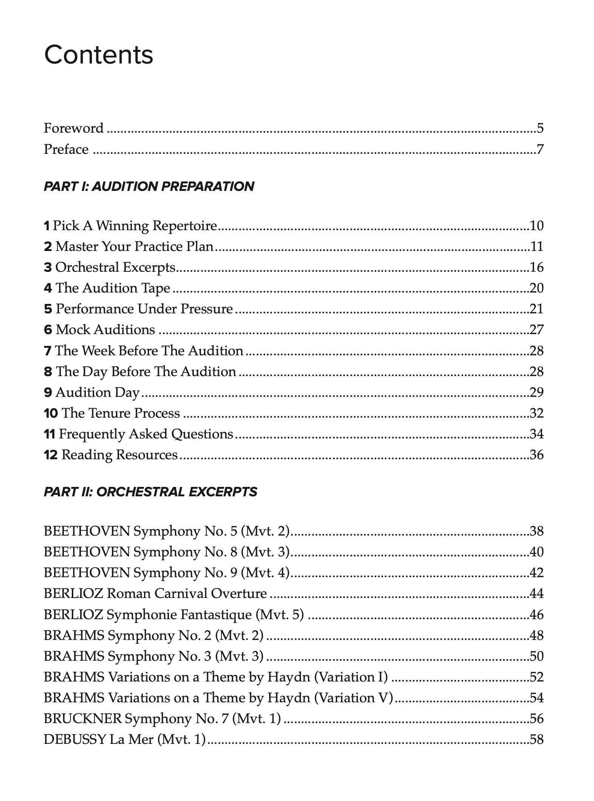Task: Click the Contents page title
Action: click(99, 55)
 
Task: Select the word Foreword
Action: click(73, 128)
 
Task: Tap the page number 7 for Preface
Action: click(540, 149)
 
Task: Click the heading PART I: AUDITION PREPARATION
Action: click(149, 186)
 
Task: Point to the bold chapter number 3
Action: click(48, 267)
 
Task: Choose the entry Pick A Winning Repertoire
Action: click(135, 226)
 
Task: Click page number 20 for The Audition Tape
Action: click(536, 288)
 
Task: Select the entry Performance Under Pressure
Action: click(144, 309)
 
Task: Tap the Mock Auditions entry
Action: click(105, 330)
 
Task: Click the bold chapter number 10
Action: click(51, 413)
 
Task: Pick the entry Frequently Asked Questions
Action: click(146, 434)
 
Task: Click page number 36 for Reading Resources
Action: click(536, 454)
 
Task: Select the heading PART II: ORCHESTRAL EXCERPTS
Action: click(150, 492)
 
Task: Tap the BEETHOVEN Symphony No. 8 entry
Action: click(166, 552)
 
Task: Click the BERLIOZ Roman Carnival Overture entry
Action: click(155, 593)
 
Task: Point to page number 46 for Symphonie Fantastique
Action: click(536, 614)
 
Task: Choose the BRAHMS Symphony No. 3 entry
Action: click(153, 656)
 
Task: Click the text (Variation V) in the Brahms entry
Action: click(354, 697)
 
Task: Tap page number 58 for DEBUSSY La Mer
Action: click(536, 739)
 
